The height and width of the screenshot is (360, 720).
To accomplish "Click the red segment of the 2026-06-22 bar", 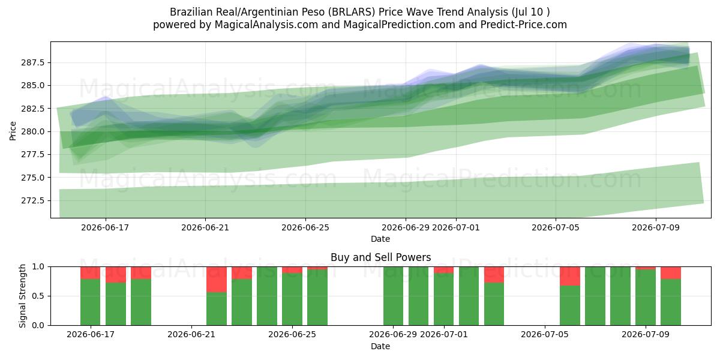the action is (x=217, y=280).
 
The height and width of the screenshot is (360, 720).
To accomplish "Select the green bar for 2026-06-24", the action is (x=267, y=296).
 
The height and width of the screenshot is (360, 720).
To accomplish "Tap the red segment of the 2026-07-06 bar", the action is (x=570, y=276).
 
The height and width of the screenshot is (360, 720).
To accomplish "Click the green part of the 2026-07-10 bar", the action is (x=671, y=302).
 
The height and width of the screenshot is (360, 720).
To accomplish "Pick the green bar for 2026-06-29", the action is (x=393, y=296).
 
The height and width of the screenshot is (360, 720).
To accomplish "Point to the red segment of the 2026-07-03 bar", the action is (x=494, y=275).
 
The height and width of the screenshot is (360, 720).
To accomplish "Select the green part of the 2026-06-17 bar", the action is (x=91, y=302).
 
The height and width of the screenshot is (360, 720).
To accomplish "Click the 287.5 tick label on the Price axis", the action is (x=33, y=62).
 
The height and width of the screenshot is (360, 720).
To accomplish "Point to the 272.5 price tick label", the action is (x=33, y=200).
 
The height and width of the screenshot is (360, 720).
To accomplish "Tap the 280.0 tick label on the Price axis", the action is (x=33, y=131).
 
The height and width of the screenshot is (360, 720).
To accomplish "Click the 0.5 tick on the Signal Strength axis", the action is (x=38, y=296).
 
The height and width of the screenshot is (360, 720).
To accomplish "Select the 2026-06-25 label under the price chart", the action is (x=305, y=227).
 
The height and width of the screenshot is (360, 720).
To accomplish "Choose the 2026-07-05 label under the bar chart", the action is (x=545, y=334).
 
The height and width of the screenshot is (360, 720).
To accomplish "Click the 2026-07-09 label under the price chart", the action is (x=656, y=227).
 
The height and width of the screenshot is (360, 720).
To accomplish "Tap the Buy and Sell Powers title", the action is (x=380, y=257).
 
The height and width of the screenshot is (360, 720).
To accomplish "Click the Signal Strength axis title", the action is (x=22, y=296).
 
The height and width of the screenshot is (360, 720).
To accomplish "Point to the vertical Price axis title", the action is (x=13, y=131).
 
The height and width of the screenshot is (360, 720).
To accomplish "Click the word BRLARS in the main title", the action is (x=353, y=12).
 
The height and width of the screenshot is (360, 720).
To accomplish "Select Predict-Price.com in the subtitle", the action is (x=524, y=25).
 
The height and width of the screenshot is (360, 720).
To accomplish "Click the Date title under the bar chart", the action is (x=380, y=346).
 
